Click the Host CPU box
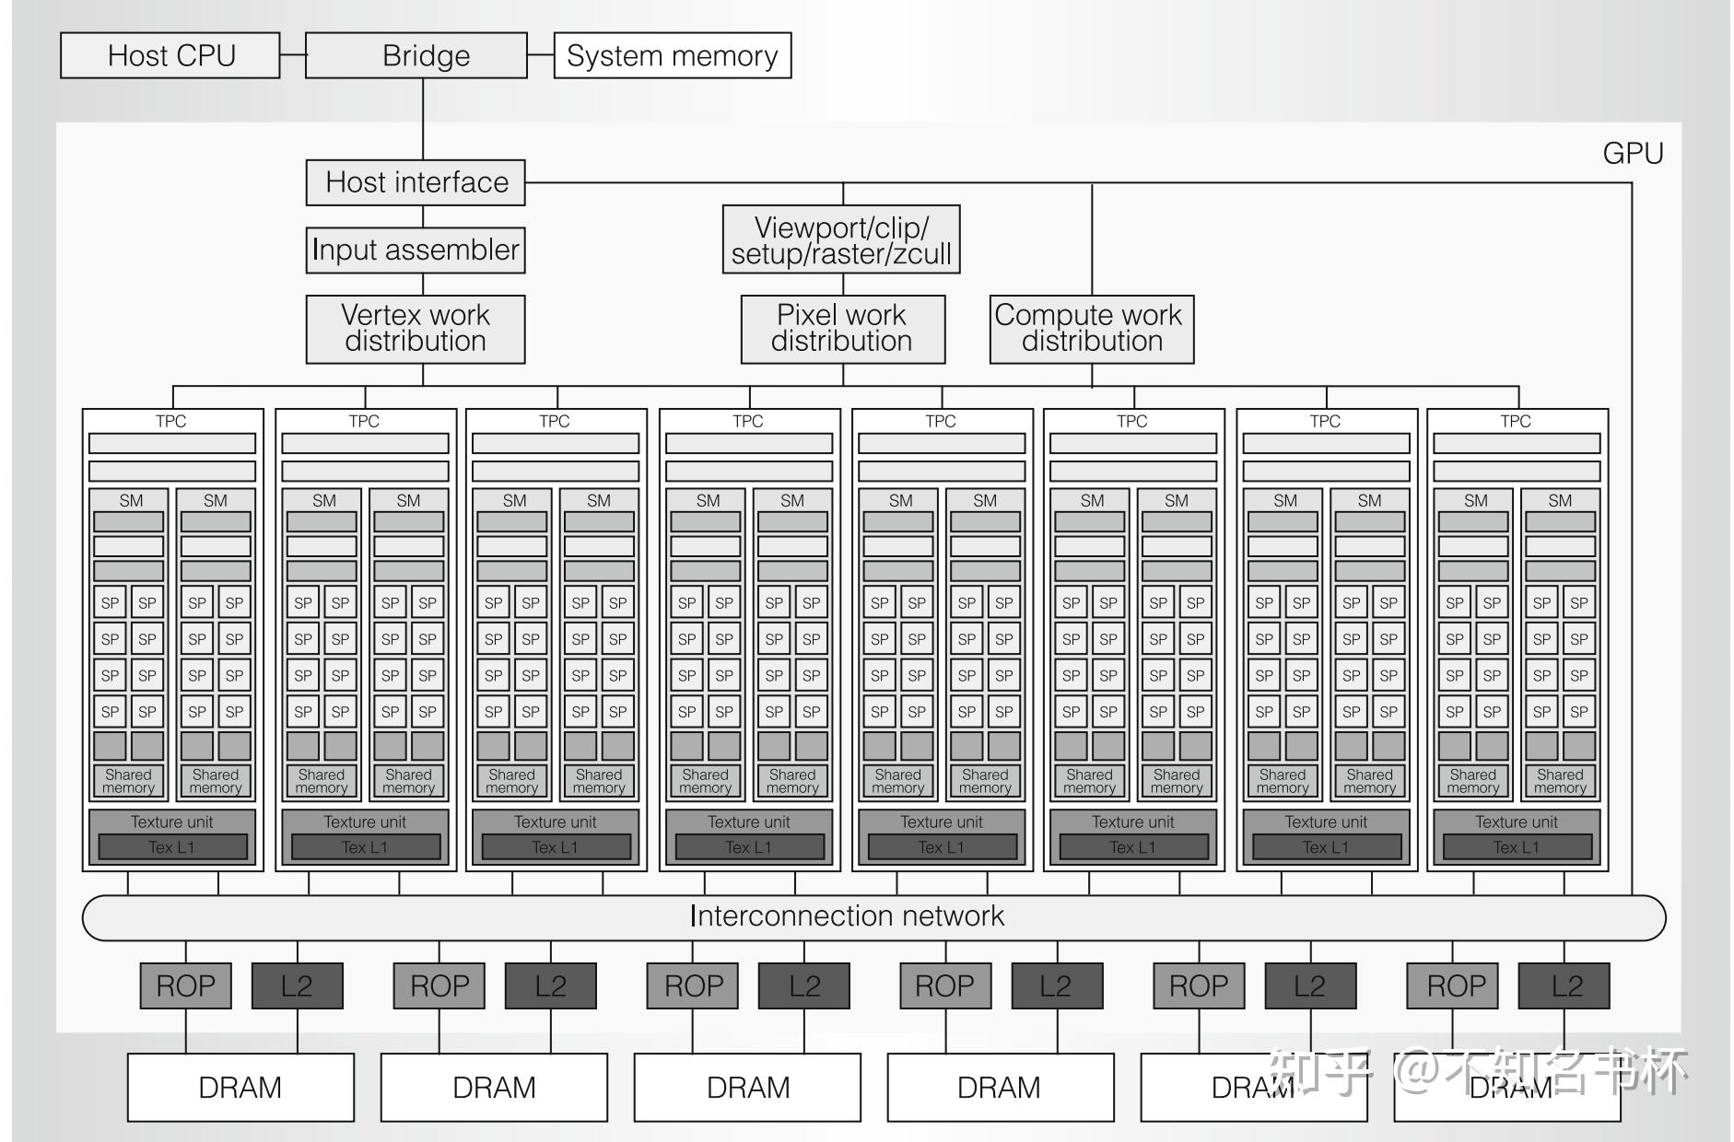click(x=170, y=56)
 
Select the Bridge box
click(x=416, y=56)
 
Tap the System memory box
click(x=672, y=56)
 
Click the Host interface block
click(x=416, y=182)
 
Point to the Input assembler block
click(x=416, y=251)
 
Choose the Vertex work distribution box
click(x=416, y=329)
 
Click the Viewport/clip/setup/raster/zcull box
click(x=841, y=240)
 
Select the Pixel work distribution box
click(x=842, y=329)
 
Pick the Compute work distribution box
click(x=1091, y=329)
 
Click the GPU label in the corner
click(x=1633, y=153)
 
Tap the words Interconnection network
click(x=846, y=916)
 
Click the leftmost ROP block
click(x=185, y=986)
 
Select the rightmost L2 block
click(x=1564, y=986)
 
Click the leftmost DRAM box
click(x=240, y=1088)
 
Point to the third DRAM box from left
click(x=747, y=1088)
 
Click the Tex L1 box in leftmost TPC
click(x=172, y=847)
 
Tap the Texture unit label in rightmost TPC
click(x=1517, y=822)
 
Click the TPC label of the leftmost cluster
click(x=171, y=421)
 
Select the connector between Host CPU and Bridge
click(x=292, y=55)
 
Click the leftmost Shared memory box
click(x=128, y=781)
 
